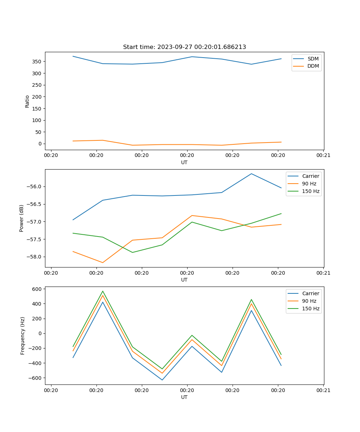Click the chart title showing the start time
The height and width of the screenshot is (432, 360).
pos(184,47)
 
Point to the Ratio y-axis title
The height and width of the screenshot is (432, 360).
pos(27,101)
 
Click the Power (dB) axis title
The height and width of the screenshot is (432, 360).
pos(22,218)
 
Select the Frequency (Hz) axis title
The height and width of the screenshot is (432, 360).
pos(22,336)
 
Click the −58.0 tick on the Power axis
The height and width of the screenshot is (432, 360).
pos(35,257)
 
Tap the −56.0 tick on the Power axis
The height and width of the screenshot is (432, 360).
pos(35,186)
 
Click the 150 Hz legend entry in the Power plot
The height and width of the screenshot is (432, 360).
pos(311,191)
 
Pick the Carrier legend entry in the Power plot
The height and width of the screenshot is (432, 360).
pos(311,176)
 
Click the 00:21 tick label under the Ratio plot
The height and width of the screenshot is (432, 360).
pos(323,156)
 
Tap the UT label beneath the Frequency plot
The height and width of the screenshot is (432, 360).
pos(184,397)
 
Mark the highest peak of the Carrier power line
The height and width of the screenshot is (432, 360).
pos(251,174)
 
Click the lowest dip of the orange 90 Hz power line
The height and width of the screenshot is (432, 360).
pos(103,262)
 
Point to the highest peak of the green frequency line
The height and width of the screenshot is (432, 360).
pos(103,291)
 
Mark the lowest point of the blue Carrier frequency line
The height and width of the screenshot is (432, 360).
pos(162,380)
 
